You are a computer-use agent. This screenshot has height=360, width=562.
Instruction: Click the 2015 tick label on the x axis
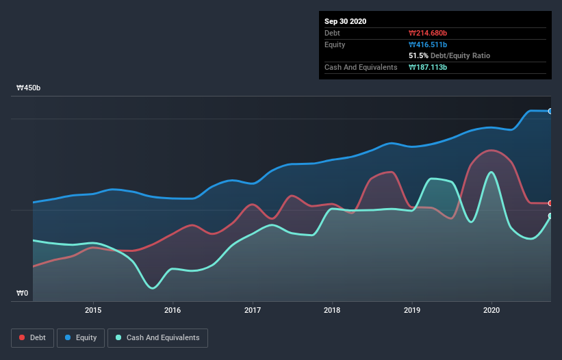(x=93, y=309)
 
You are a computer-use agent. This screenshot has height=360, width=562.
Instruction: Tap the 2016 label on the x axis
(x=173, y=309)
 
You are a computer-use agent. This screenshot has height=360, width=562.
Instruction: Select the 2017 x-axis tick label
(x=253, y=309)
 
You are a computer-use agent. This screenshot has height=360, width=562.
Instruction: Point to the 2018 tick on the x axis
(x=332, y=309)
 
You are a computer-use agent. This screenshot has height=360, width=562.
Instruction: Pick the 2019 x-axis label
(x=412, y=309)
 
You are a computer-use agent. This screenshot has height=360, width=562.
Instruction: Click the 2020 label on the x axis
(x=491, y=309)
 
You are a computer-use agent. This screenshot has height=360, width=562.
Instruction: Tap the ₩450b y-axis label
(x=28, y=88)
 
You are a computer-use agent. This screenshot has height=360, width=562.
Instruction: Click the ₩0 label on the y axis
(x=23, y=294)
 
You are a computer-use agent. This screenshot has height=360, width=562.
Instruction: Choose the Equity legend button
(x=81, y=337)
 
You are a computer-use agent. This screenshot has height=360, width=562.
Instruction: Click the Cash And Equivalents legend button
(x=157, y=337)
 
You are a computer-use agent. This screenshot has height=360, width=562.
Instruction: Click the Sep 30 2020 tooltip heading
(x=346, y=21)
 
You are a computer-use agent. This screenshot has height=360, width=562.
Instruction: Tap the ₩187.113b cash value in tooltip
(x=429, y=67)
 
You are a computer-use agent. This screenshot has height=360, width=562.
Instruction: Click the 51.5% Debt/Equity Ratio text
(x=449, y=55)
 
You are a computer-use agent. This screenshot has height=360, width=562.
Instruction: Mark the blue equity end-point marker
(x=550, y=111)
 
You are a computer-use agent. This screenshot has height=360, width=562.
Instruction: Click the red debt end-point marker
(x=550, y=203)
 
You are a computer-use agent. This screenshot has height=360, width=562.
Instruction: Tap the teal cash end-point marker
(x=550, y=216)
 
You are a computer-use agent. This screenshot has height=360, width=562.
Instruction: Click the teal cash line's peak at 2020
(x=491, y=172)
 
